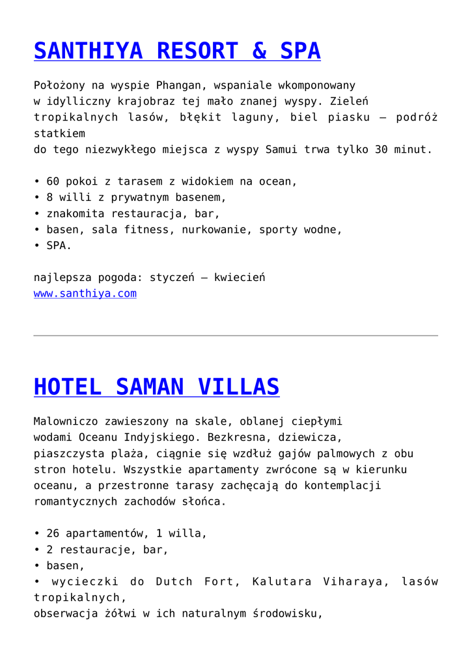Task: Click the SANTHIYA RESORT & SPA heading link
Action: tap(177, 51)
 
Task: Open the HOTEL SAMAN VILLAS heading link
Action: tap(156, 387)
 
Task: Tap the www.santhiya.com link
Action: tap(85, 293)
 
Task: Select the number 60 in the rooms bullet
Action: tap(53, 181)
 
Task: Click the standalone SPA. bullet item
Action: tap(59, 246)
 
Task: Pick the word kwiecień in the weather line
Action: tap(240, 278)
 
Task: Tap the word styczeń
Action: tap(169, 278)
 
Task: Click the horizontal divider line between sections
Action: tap(236, 336)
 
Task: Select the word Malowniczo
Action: tap(66, 421)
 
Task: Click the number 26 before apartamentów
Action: tap(53, 533)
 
